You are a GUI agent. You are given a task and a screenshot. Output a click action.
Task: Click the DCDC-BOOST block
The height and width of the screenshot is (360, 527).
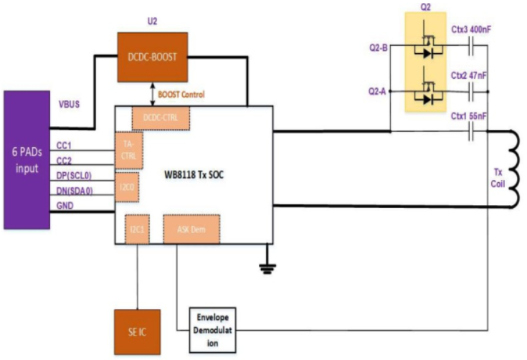151,56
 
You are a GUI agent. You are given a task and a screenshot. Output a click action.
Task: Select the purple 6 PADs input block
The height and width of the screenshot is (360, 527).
27,159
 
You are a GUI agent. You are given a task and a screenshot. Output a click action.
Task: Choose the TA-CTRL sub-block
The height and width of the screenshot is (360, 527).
129,151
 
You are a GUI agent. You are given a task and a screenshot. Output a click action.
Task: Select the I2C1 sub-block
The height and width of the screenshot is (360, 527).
136,229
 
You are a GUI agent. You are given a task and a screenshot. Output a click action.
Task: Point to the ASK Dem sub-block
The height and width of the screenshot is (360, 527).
191,229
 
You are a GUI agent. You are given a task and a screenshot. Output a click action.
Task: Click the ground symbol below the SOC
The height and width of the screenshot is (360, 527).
267,268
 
